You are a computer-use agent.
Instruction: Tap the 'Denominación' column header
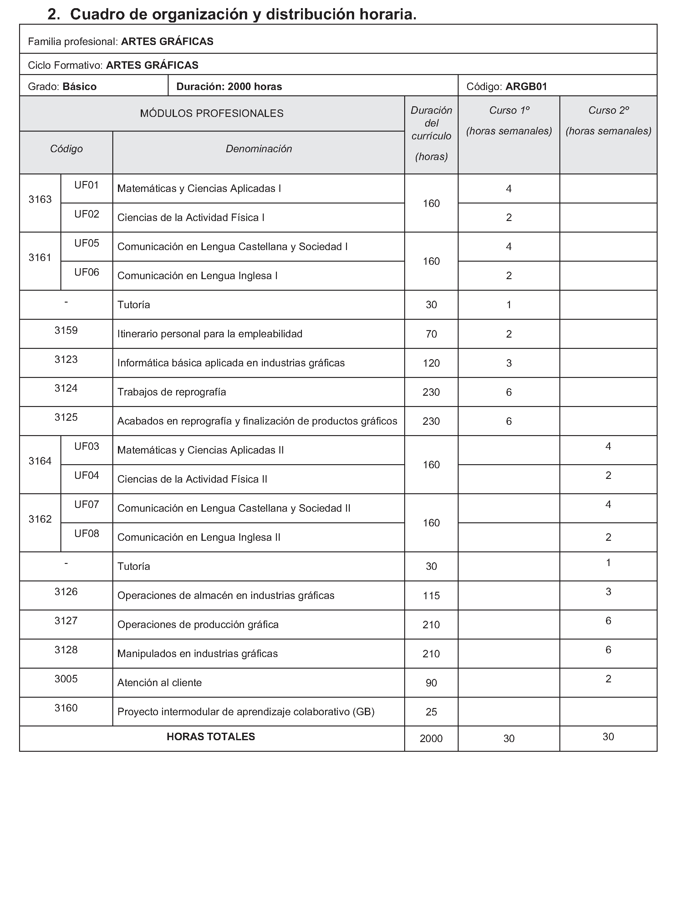[x=259, y=148]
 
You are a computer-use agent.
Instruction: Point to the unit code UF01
[x=86, y=185]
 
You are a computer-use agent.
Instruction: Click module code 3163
[x=40, y=199]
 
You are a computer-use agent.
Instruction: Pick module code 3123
[x=66, y=359]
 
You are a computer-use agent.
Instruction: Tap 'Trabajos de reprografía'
[x=172, y=392]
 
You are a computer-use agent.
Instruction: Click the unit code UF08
[x=86, y=534]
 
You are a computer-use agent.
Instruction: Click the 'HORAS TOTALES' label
[x=211, y=737]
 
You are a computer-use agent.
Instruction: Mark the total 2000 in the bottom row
[x=431, y=739]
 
